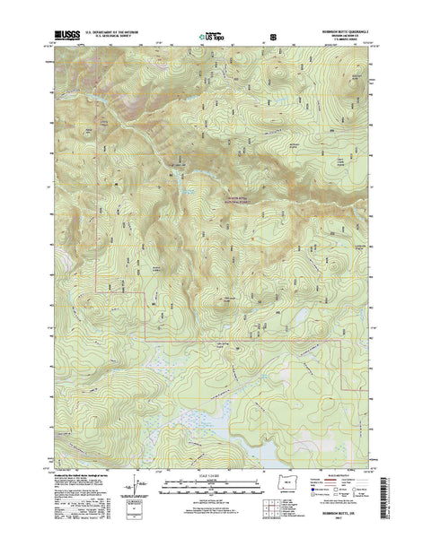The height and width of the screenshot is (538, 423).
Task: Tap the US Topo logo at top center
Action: point(213,37)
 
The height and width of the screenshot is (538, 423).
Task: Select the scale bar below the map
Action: point(212,489)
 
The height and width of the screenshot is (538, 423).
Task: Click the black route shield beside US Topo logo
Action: point(272,37)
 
